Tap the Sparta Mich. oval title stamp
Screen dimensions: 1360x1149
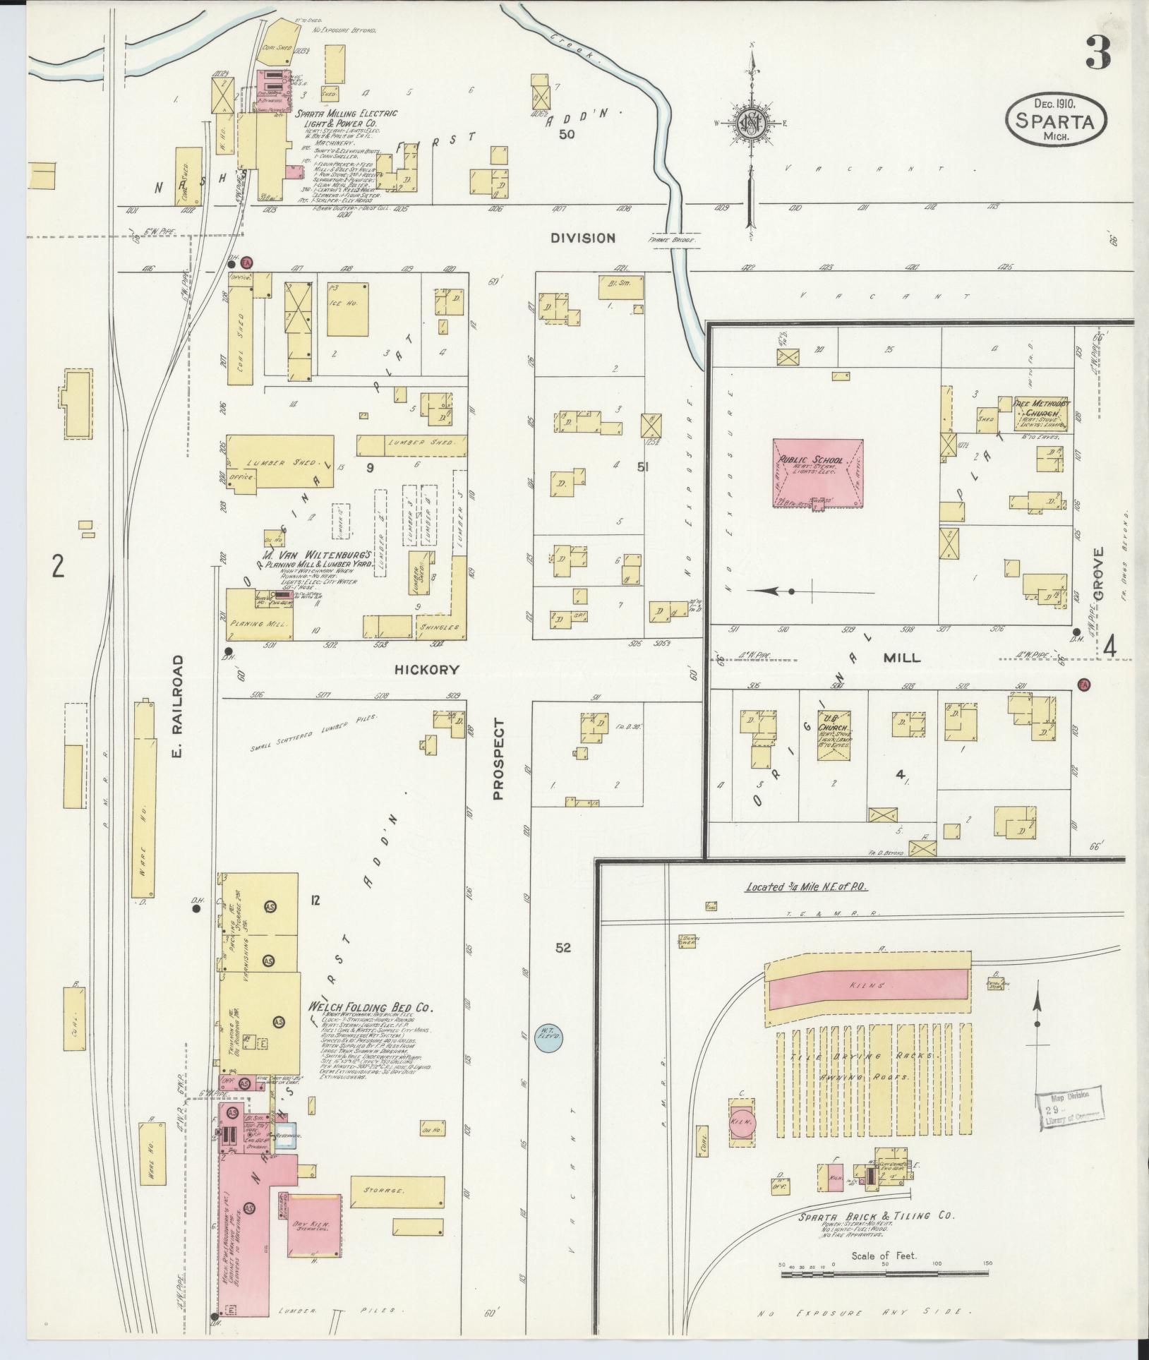(x=1055, y=120)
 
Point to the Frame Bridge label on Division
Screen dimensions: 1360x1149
(x=673, y=240)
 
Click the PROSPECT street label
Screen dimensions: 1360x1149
(x=500, y=759)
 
